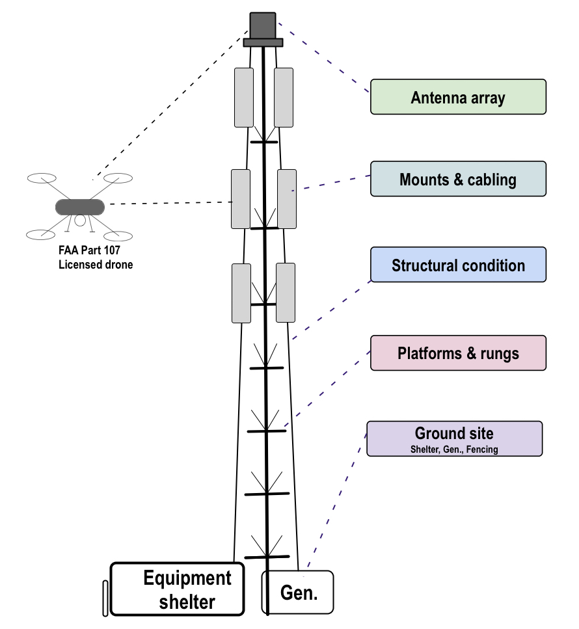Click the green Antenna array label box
pyautogui.click(x=458, y=97)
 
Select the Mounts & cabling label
pyautogui.click(x=458, y=179)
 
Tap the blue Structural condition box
pyautogui.click(x=458, y=265)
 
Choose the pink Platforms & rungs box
pyautogui.click(x=458, y=353)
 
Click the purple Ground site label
pyautogui.click(x=454, y=434)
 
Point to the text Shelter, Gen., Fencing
pyautogui.click(x=454, y=449)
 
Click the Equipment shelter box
pyautogui.click(x=177, y=589)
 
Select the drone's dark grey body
pyautogui.click(x=79, y=207)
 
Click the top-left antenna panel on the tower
pyautogui.click(x=244, y=97)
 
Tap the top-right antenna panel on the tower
pyautogui.click(x=284, y=97)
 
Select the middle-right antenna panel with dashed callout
pyautogui.click(x=287, y=198)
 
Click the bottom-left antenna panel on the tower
pyautogui.click(x=241, y=293)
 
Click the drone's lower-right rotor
pyautogui.click(x=118, y=235)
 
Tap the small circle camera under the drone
pyautogui.click(x=79, y=221)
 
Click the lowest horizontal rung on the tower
pyautogui.click(x=267, y=557)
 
